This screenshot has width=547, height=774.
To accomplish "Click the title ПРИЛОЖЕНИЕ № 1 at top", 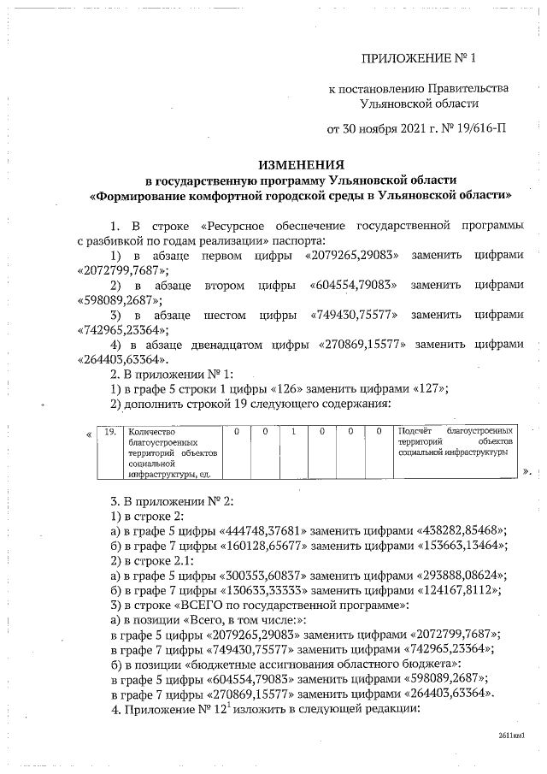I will (x=417, y=59).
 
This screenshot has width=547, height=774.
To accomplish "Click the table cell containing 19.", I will (x=109, y=431).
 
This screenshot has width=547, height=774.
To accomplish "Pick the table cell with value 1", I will (x=293, y=431).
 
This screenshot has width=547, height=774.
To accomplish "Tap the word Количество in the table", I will (x=150, y=431).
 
